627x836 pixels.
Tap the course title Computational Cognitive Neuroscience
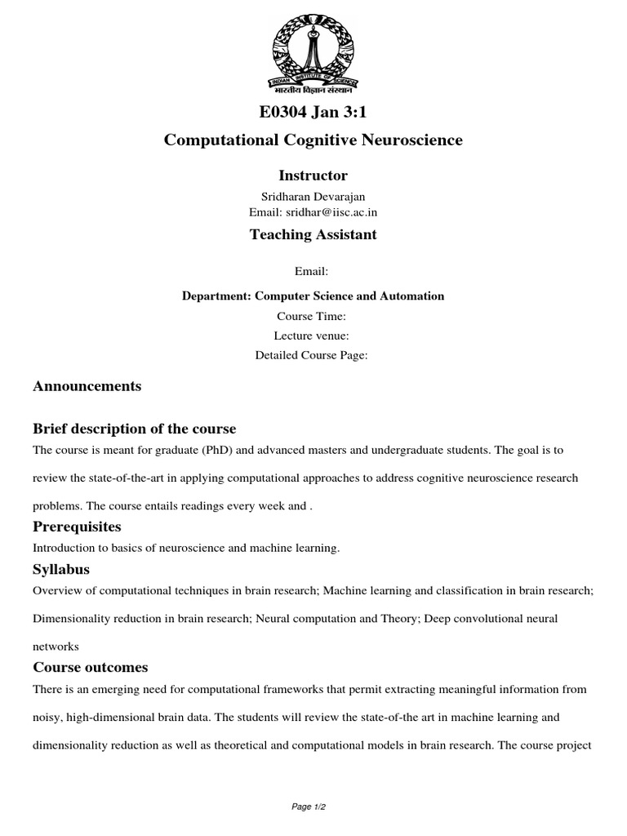313,140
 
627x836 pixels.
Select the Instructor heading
313,176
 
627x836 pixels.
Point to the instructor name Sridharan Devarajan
313,197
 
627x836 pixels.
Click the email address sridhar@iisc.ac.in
331,212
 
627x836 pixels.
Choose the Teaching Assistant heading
313,235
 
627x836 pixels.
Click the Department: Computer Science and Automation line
313,296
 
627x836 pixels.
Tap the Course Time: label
313,316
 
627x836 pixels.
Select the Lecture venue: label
313,336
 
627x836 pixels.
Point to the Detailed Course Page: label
313,355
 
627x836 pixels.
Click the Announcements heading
87,386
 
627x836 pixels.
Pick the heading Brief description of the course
134,429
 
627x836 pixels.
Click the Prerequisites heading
77,527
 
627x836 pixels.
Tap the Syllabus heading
61,569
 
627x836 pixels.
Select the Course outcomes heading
90,667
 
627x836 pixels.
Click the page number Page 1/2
313,807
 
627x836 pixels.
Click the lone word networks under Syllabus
56,646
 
